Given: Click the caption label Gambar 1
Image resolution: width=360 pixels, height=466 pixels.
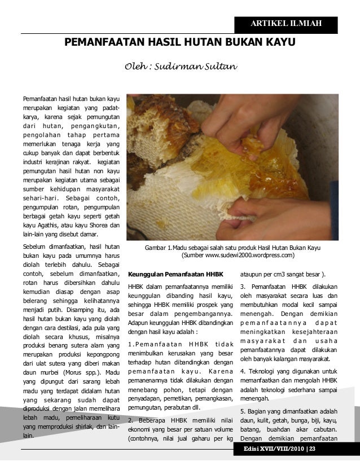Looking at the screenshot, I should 159,247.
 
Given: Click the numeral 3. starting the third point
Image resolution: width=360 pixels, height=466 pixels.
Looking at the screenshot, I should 243,286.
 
